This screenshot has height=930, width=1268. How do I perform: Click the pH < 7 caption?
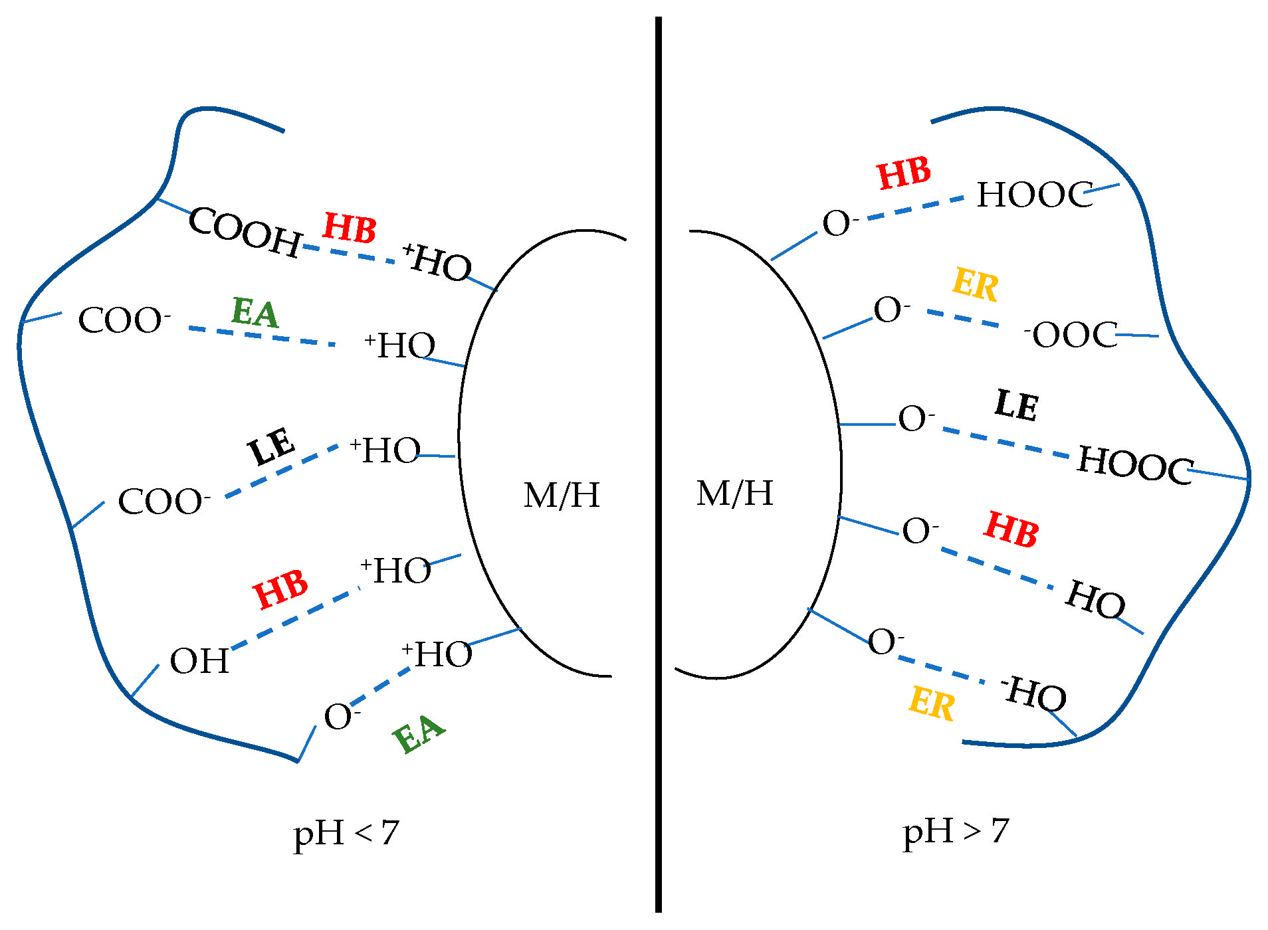point(346,834)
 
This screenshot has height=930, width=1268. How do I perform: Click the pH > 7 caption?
point(956,832)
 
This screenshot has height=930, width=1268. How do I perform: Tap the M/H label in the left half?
point(562,496)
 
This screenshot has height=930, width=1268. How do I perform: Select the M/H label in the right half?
point(735,494)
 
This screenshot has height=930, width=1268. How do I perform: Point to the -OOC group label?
point(1071,334)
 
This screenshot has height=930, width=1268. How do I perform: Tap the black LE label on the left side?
point(271,446)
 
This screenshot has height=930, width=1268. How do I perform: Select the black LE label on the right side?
point(1016,405)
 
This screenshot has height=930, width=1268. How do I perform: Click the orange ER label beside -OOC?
point(975,284)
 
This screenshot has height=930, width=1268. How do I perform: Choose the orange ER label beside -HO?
point(932,703)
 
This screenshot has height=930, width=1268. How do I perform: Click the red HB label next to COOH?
point(350,228)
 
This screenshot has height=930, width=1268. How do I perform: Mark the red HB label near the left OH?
point(280,589)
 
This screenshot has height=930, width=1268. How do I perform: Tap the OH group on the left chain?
point(199,662)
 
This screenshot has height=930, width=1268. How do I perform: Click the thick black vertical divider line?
point(658,465)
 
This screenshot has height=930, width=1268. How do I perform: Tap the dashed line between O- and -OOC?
point(962,318)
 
